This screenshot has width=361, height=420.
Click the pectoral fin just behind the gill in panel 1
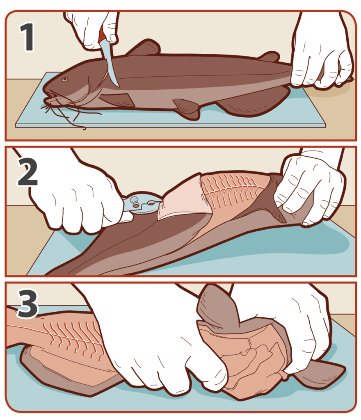tap(119, 99)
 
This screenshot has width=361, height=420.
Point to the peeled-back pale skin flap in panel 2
tap(180, 201)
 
